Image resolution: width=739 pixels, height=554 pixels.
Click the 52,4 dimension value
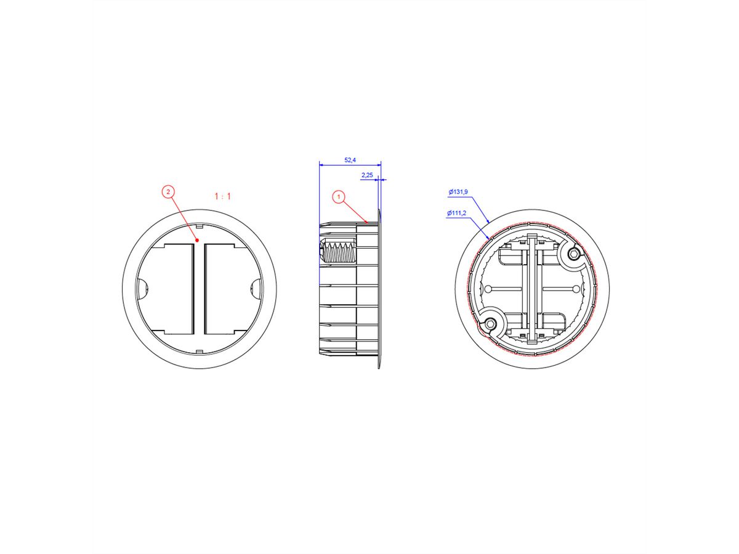350,160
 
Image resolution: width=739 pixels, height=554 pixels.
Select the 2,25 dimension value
367,175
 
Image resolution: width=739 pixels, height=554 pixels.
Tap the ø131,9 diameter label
458,192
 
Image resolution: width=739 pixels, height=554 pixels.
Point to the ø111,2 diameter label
456,213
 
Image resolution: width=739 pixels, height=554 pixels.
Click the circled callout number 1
339,197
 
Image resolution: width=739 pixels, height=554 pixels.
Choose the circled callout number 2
168,191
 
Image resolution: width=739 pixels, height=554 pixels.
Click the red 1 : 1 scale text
223,196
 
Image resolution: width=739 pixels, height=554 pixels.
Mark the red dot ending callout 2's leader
198,240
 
